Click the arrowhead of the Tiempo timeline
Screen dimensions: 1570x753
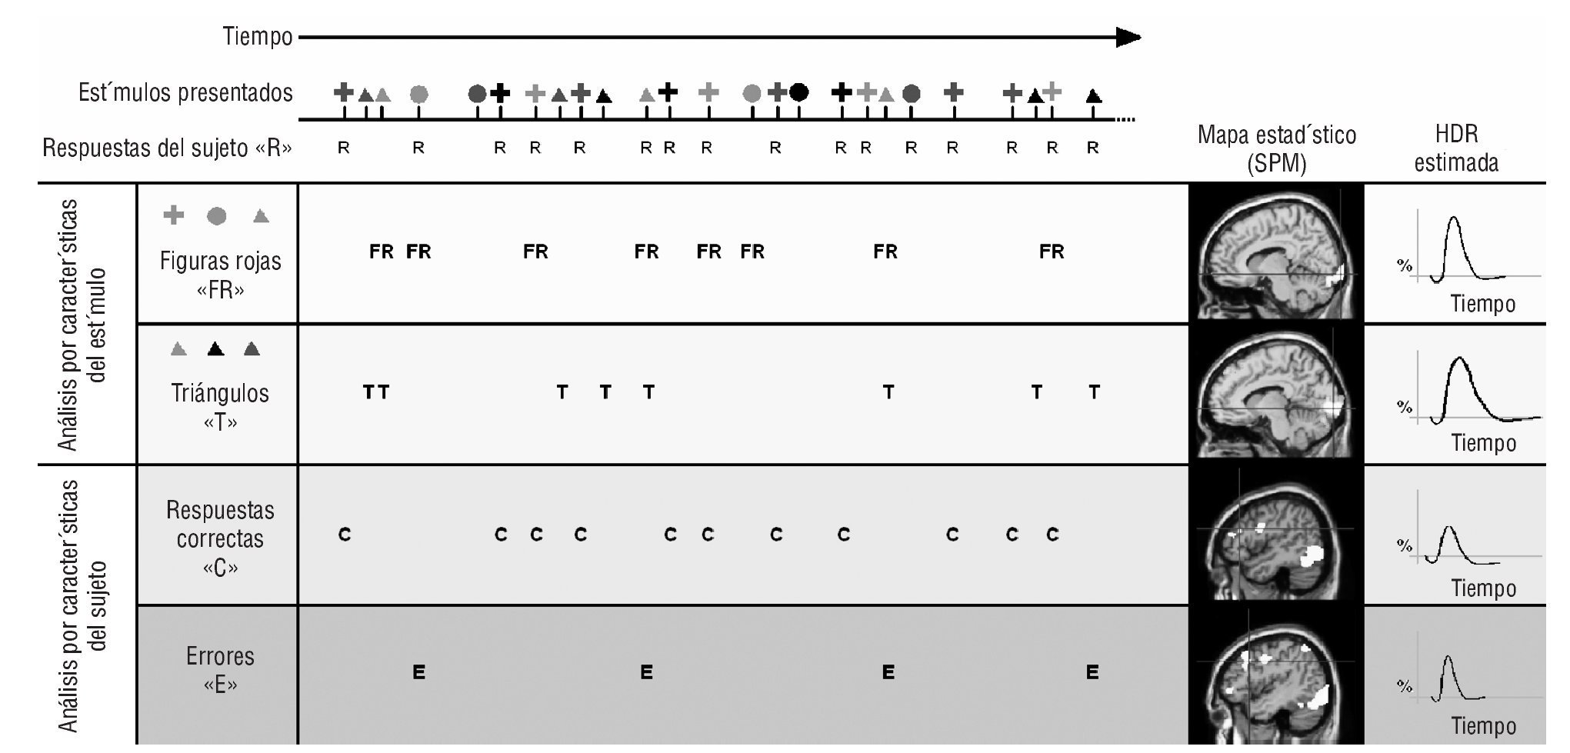tap(1129, 37)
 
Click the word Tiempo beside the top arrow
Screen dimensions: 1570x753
tap(258, 36)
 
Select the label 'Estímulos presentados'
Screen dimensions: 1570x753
tap(185, 93)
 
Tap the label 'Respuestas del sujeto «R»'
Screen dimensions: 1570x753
tap(167, 148)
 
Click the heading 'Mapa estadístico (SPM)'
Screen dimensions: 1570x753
tap(1276, 148)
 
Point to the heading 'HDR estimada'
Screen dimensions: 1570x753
tap(1456, 148)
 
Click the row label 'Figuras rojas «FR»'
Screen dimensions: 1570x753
tap(220, 275)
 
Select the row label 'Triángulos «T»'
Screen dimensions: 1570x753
tap(220, 407)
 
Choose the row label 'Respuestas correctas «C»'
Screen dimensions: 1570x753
tap(220, 538)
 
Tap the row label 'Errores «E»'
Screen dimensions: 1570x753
tap(220, 669)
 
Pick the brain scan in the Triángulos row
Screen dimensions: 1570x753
tap(1275, 394)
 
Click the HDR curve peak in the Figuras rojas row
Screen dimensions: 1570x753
tap(1452, 219)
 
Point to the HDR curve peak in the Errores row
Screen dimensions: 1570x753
tap(1448, 658)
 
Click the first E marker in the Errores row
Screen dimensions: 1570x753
tap(418, 672)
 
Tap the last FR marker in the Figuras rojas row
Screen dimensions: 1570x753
tap(1052, 252)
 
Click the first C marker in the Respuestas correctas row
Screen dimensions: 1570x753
tap(345, 534)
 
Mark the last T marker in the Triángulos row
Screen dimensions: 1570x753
tap(1094, 392)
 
